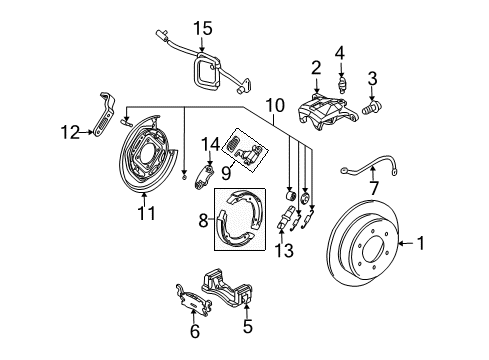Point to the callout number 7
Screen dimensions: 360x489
[374, 188]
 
